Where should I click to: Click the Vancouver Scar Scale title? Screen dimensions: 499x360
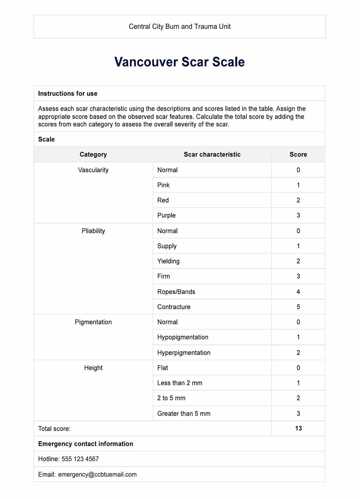(179, 62)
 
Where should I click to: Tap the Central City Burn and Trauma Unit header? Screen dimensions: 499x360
(179, 27)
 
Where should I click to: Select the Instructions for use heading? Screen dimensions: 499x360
(68, 94)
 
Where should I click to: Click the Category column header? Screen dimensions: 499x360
(93, 155)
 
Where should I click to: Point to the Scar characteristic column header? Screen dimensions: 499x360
(212, 155)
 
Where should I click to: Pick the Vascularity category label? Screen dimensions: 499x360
(93, 170)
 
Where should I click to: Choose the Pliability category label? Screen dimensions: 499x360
(93, 231)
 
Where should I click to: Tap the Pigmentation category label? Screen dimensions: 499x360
(93, 322)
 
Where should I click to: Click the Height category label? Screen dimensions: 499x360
(93, 368)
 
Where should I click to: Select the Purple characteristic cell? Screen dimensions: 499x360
(167, 216)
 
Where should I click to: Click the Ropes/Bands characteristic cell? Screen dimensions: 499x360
(176, 292)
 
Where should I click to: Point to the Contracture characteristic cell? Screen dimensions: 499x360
(174, 307)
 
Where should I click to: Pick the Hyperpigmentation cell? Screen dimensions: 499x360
(184, 353)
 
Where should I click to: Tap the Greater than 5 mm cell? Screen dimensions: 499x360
(184, 414)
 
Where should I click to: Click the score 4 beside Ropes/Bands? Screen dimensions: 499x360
(298, 292)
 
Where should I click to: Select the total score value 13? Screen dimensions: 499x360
(298, 429)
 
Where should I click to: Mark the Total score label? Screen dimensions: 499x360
(54, 429)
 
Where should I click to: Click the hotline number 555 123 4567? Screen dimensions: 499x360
(80, 459)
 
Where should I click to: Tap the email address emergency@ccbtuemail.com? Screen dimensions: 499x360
(97, 475)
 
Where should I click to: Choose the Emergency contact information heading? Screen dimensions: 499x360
(85, 444)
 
